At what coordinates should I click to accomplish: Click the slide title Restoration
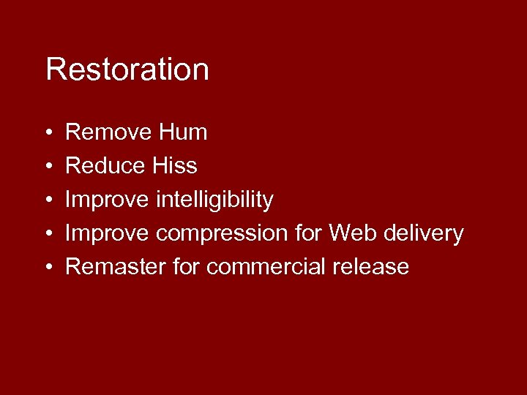pos(127,70)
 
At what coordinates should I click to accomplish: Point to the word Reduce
pos(105,166)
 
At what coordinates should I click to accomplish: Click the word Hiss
pos(174,166)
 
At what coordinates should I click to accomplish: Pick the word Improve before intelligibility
pos(108,200)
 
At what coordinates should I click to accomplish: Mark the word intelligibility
pos(214,200)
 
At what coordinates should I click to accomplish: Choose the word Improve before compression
pos(108,233)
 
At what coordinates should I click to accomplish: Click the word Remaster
pos(116,267)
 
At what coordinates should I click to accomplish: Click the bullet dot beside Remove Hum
pos(48,133)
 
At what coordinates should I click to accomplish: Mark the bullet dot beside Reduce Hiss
pos(48,167)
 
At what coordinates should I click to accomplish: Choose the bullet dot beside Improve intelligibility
pos(48,200)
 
